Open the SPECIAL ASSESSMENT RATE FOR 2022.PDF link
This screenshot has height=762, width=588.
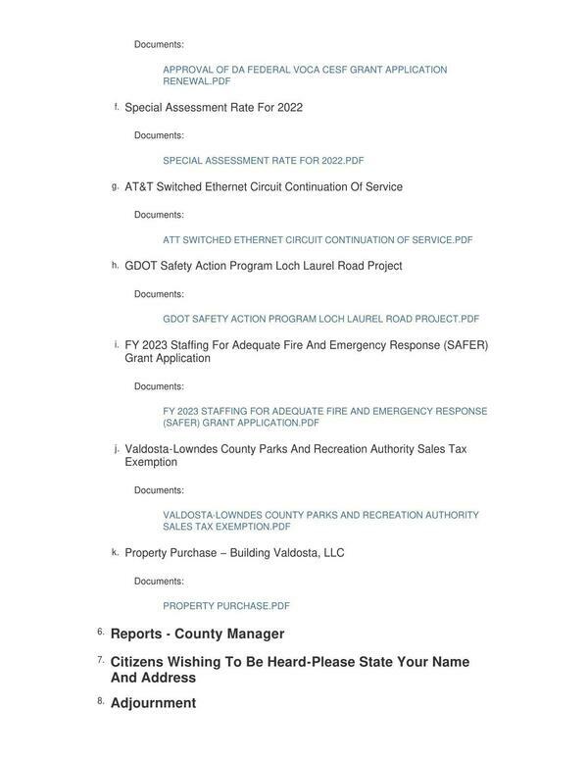click(x=263, y=161)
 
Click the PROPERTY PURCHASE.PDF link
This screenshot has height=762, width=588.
click(x=226, y=606)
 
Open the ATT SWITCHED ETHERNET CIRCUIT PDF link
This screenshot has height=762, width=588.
click(x=318, y=240)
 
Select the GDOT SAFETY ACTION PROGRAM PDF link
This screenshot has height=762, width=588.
click(x=320, y=319)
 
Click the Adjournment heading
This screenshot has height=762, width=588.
click(x=153, y=703)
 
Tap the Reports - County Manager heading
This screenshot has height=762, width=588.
click(x=197, y=635)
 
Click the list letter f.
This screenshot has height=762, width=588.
click(x=117, y=107)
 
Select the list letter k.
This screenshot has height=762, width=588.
click(x=115, y=552)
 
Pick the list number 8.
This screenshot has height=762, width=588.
click(x=100, y=701)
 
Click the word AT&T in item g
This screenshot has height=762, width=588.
click(x=138, y=187)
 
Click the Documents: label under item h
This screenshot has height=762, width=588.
click(x=159, y=294)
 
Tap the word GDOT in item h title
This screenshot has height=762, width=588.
click(x=142, y=266)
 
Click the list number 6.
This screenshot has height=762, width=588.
click(x=100, y=633)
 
